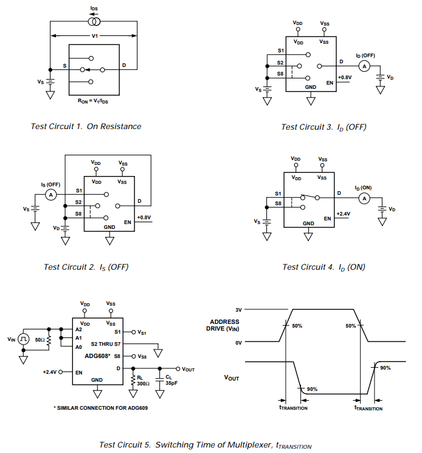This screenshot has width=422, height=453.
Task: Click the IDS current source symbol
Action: pyautogui.click(x=94, y=22)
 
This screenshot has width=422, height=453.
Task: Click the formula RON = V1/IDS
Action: pyautogui.click(x=93, y=100)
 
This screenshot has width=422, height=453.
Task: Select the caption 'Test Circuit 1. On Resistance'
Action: pyautogui.click(x=86, y=127)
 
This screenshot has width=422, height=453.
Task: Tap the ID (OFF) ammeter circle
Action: pyautogui.click(x=364, y=66)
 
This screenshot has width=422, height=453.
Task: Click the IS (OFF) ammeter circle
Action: pyautogui.click(x=52, y=194)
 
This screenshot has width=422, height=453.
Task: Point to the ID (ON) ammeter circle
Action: pyautogui.click(x=364, y=198)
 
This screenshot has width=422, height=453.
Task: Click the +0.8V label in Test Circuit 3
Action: pyautogui.click(x=344, y=77)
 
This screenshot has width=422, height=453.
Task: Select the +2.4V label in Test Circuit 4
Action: pyautogui.click(x=344, y=214)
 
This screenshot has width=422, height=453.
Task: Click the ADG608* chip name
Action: pyautogui.click(x=97, y=356)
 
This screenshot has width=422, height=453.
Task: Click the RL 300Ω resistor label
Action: pyautogui.click(x=144, y=381)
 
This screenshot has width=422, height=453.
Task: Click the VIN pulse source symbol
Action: pyautogui.click(x=23, y=339)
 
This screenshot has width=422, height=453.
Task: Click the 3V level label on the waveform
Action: pyautogui.click(x=239, y=310)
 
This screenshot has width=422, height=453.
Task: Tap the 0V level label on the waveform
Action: pyautogui.click(x=239, y=343)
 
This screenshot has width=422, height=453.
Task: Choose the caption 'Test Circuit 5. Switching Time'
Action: pyautogui.click(x=204, y=445)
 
